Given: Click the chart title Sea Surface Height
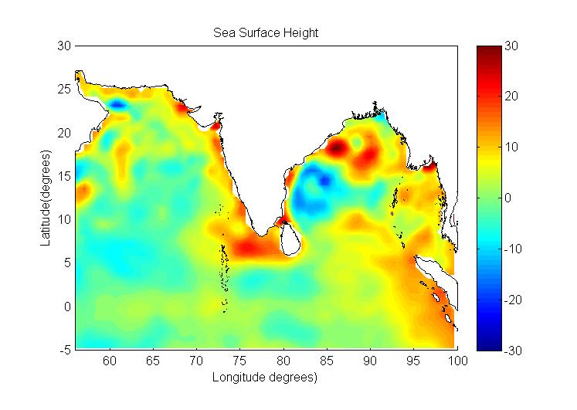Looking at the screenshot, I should (x=266, y=33).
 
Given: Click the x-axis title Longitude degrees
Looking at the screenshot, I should (x=266, y=378).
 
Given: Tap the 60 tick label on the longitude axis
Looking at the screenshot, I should (x=110, y=361).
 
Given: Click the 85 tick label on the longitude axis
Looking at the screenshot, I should (x=328, y=361).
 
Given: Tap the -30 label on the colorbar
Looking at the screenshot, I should (x=512, y=350).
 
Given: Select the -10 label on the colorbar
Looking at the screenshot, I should (x=512, y=249).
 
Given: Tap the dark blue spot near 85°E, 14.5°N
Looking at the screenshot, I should (x=324, y=180).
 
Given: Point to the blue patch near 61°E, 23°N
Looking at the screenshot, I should (x=118, y=103).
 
